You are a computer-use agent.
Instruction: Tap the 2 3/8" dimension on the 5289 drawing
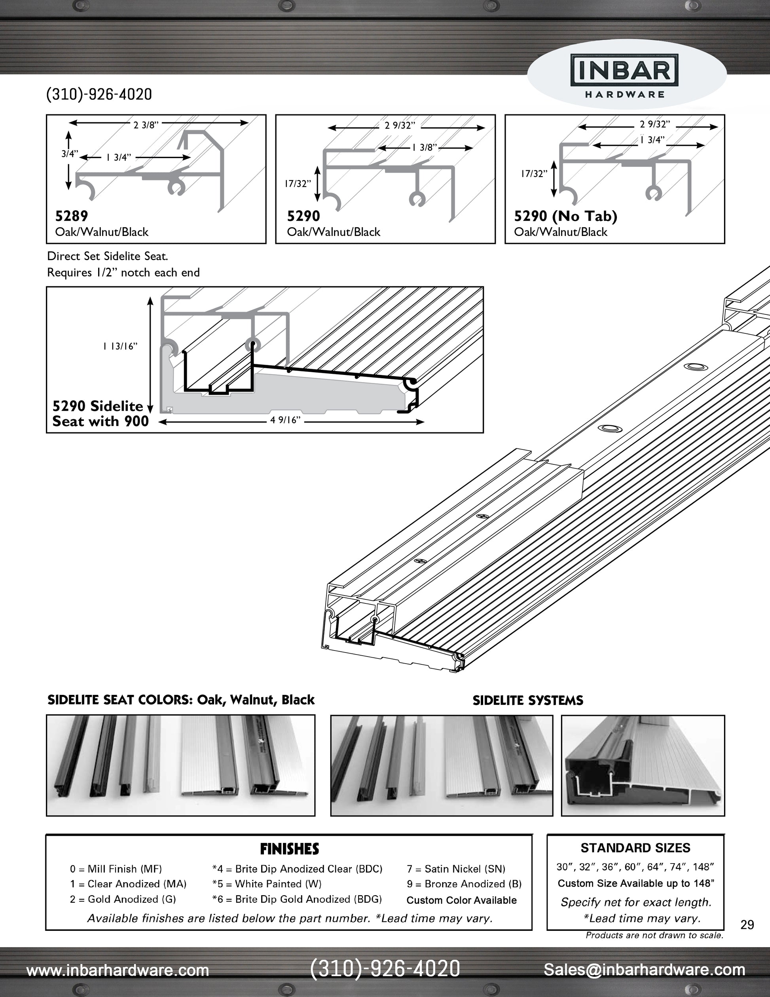click(x=146, y=125)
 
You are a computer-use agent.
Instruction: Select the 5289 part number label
click(x=72, y=215)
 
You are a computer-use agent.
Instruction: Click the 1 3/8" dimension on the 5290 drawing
click(x=424, y=147)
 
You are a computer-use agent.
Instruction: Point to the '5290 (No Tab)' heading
click(x=566, y=215)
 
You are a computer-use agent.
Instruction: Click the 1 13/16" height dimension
click(x=120, y=346)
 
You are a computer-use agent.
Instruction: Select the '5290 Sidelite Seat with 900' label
click(x=101, y=413)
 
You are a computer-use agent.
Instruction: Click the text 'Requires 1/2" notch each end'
click(x=123, y=272)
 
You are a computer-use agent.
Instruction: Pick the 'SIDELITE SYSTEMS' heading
click(x=528, y=700)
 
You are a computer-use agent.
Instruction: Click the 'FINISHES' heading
click(x=289, y=849)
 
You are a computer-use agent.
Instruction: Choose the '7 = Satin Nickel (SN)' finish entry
click(x=456, y=869)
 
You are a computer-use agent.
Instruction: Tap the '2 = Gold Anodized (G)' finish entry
click(x=123, y=899)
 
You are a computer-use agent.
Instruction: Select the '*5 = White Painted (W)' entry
click(x=267, y=884)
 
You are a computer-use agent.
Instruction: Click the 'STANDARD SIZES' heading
click(x=635, y=848)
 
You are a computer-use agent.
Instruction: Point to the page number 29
click(x=747, y=925)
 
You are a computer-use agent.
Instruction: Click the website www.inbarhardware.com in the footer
click(x=118, y=970)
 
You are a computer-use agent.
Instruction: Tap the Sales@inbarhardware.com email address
click(x=644, y=970)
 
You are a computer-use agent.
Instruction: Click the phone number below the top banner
click(x=99, y=95)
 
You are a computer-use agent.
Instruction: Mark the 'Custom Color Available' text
click(x=462, y=900)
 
